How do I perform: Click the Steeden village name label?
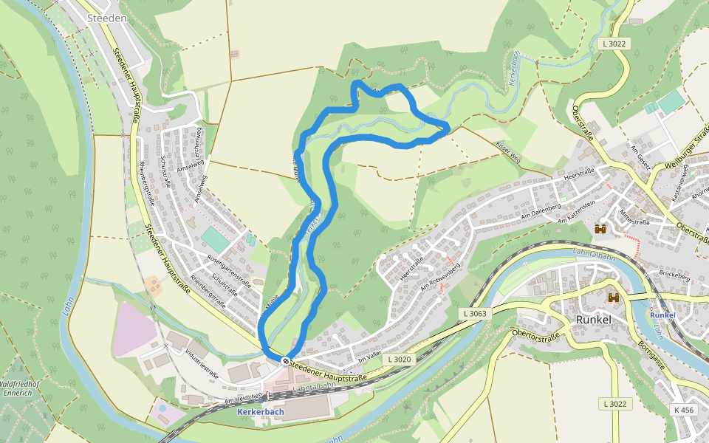click(106, 17)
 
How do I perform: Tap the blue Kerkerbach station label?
click(261, 411)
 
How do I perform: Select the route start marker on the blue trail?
click(285, 360)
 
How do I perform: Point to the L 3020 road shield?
click(397, 359)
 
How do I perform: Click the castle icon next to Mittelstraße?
click(600, 229)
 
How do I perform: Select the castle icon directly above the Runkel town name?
click(613, 298)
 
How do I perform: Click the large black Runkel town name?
click(595, 320)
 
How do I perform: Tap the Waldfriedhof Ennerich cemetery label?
click(23, 390)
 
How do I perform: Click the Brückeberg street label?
click(675, 278)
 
